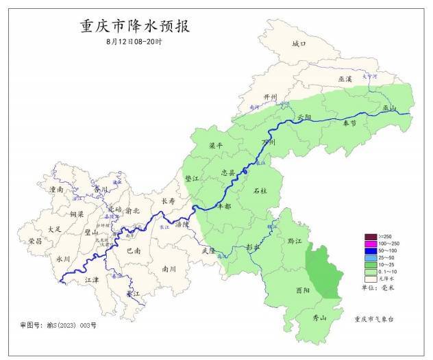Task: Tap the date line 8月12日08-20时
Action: [134, 42]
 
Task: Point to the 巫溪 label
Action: [345, 79]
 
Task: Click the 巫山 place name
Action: [389, 107]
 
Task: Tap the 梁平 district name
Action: [216, 146]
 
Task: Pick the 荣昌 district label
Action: [35, 241]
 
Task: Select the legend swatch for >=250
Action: [370, 237]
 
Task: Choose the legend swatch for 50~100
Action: [370, 251]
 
